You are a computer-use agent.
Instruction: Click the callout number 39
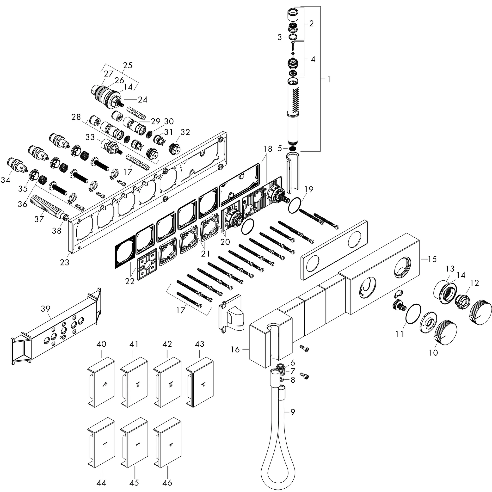pos(46,309)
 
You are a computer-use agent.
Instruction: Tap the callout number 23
pos(65,262)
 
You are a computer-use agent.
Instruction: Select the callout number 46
pos(167,483)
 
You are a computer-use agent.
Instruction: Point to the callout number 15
pos(432,259)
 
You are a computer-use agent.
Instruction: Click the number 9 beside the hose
pos(293,412)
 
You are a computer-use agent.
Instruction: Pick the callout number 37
pos(39,219)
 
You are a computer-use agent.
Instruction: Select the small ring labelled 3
pos(293,37)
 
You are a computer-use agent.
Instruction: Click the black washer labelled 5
pos(293,148)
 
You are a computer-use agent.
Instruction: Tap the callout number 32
pos(185,132)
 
